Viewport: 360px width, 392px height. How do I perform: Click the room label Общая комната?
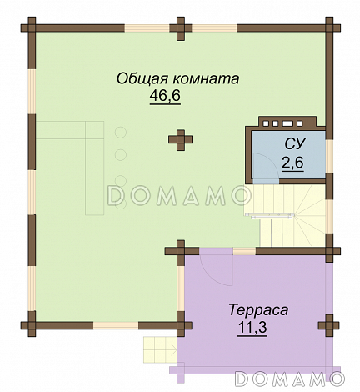pos(177,78)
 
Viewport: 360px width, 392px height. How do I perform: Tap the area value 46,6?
pos(165,96)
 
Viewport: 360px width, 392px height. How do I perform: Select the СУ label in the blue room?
pos(295,143)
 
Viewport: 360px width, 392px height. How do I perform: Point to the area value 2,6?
pos(292,163)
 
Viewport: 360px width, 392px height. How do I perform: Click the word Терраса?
pos(258,309)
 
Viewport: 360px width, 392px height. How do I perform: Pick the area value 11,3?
pos(252,328)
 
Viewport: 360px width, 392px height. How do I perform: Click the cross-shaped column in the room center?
pos(181,140)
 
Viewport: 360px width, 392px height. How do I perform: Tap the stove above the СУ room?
pos(287,123)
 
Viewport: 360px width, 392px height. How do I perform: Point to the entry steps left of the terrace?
pos(160,349)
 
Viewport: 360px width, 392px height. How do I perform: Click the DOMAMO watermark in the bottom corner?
pos(290,378)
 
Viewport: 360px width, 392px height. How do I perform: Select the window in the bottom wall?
pos(116,325)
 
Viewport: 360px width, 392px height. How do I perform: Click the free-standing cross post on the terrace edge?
pos(329,325)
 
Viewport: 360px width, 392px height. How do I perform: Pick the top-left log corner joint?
pos(32,28)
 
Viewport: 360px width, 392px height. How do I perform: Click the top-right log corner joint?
pos(329,28)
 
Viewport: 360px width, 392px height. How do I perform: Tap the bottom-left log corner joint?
pos(32,325)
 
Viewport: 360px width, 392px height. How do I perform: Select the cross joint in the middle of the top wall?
pos(181,28)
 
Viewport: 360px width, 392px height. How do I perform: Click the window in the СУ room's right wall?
pos(329,156)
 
